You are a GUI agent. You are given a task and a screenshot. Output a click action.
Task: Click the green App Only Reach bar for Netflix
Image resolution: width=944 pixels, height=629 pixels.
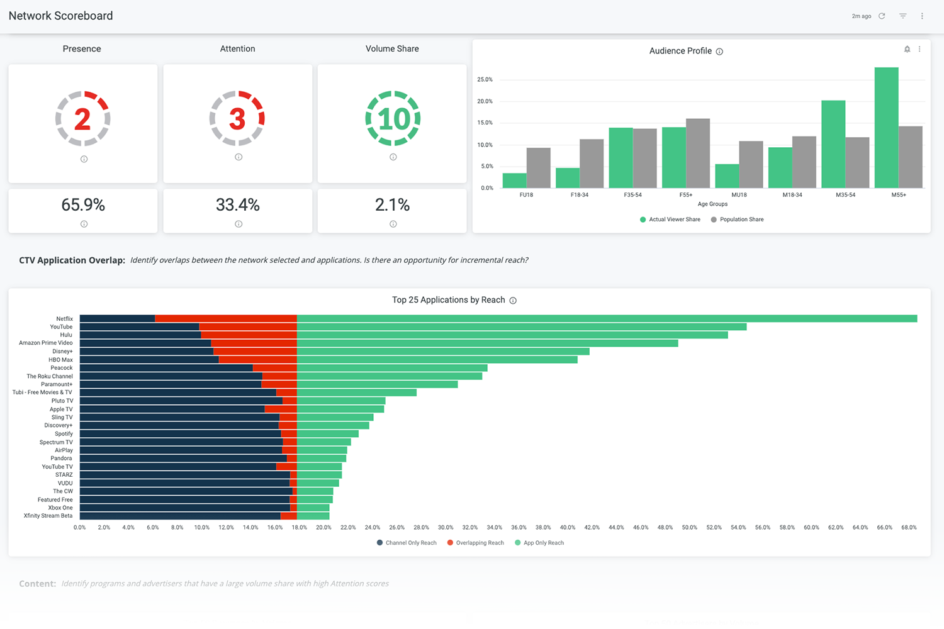607,318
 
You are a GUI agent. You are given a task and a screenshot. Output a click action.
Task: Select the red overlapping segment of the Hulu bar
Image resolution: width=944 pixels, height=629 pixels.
249,335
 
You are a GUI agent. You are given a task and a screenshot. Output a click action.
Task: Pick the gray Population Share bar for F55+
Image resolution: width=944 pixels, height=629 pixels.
698,153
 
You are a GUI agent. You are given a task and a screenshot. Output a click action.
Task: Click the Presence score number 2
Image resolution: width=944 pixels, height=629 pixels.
82,119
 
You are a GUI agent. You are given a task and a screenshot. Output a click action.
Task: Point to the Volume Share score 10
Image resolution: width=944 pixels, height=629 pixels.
393,119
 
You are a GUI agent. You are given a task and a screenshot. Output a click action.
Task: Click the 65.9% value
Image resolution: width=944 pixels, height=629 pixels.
83,205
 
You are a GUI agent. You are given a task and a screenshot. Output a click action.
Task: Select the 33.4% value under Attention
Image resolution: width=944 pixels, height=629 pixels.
237,205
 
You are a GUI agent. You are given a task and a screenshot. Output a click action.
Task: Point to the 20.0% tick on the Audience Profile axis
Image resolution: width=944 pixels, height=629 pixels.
485,101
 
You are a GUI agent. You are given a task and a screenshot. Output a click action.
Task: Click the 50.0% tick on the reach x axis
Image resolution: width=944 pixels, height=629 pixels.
689,528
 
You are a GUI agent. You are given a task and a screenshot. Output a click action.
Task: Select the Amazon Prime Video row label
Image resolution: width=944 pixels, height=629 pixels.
45,343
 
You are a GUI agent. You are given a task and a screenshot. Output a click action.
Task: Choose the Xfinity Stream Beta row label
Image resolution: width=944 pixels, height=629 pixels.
48,516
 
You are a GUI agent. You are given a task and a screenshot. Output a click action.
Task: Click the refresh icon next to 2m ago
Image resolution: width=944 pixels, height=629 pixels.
882,16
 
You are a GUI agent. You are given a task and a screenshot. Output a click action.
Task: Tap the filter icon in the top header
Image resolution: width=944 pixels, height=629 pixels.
902,16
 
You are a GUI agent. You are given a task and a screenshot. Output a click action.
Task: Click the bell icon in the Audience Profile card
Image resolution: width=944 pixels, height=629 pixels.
907,49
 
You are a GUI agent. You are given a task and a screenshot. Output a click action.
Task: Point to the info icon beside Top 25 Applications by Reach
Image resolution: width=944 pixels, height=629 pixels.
513,301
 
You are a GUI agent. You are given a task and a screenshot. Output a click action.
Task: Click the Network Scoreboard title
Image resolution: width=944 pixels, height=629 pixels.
60,16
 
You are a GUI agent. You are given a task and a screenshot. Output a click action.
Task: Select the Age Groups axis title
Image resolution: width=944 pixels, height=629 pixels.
712,204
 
